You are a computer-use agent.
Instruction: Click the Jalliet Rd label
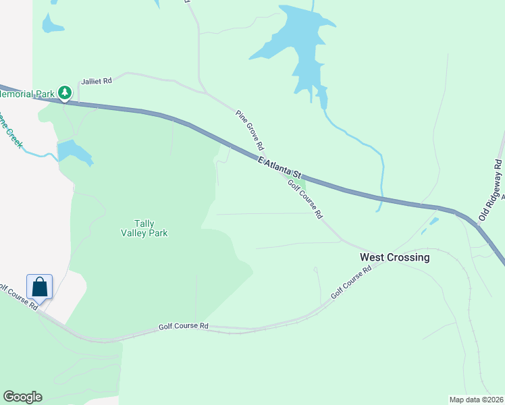point(97,80)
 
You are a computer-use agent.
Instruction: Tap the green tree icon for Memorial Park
point(65,92)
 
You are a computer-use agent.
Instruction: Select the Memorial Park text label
point(27,94)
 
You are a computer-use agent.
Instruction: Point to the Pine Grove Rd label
point(250,130)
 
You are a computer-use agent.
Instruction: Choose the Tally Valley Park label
point(144,228)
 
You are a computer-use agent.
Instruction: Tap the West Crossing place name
point(395,257)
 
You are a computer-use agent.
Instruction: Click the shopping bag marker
point(40,286)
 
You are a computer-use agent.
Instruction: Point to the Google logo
point(22,397)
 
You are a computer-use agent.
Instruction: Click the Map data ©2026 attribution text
point(477,400)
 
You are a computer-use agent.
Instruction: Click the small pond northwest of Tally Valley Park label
point(74,152)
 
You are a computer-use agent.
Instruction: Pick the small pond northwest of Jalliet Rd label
point(52,24)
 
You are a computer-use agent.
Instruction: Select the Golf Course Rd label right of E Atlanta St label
point(305,199)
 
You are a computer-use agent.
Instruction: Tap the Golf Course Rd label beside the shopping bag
point(19,297)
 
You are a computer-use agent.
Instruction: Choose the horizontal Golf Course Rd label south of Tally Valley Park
point(184,326)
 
